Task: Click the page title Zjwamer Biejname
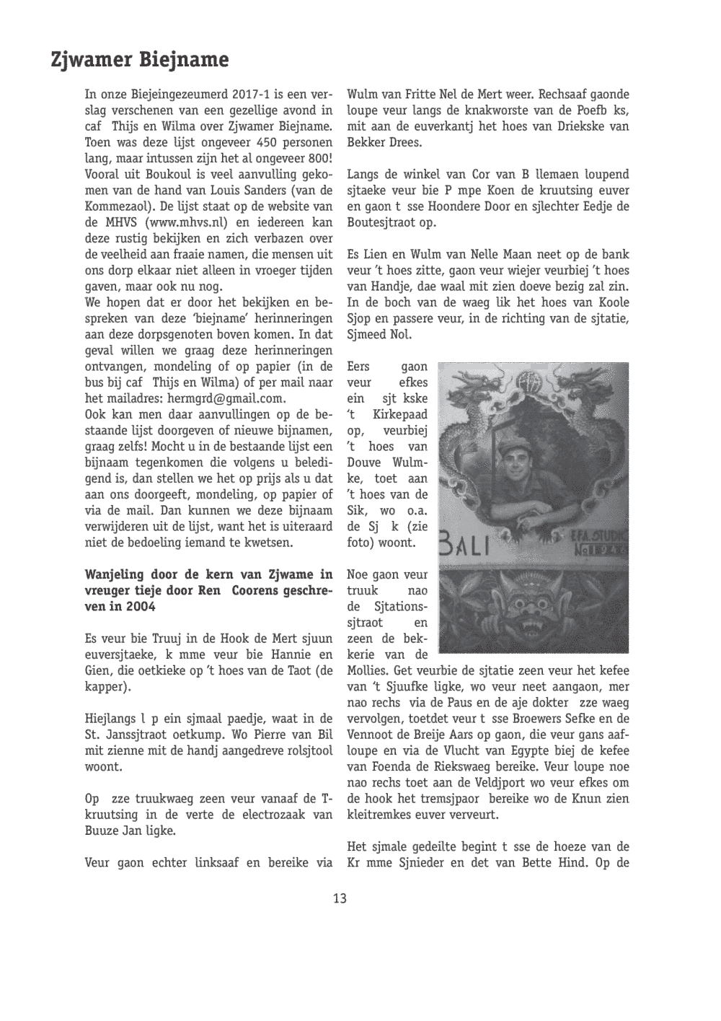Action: point(139,59)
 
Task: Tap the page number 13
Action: point(340,898)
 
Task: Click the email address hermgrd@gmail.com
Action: point(226,398)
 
